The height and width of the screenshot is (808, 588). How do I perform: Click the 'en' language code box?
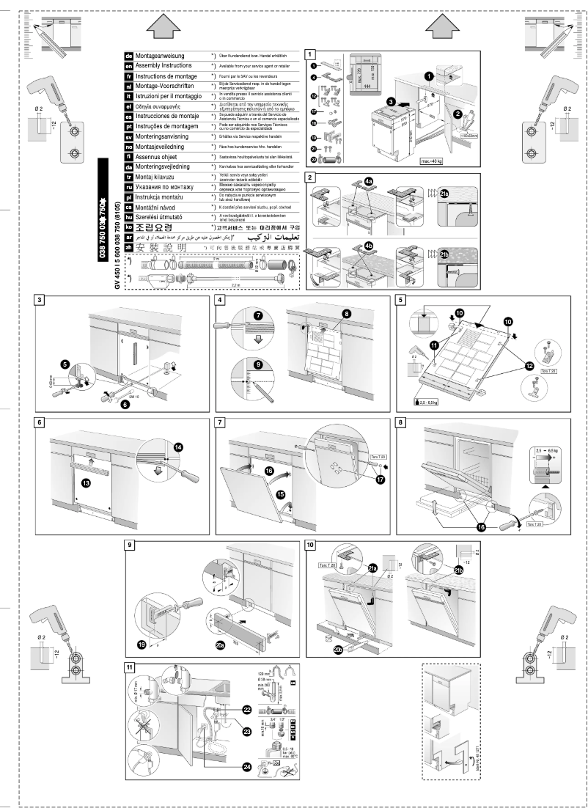point(129,65)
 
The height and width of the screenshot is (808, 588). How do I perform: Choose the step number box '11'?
point(130,668)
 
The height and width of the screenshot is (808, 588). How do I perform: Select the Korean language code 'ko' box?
point(129,227)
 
